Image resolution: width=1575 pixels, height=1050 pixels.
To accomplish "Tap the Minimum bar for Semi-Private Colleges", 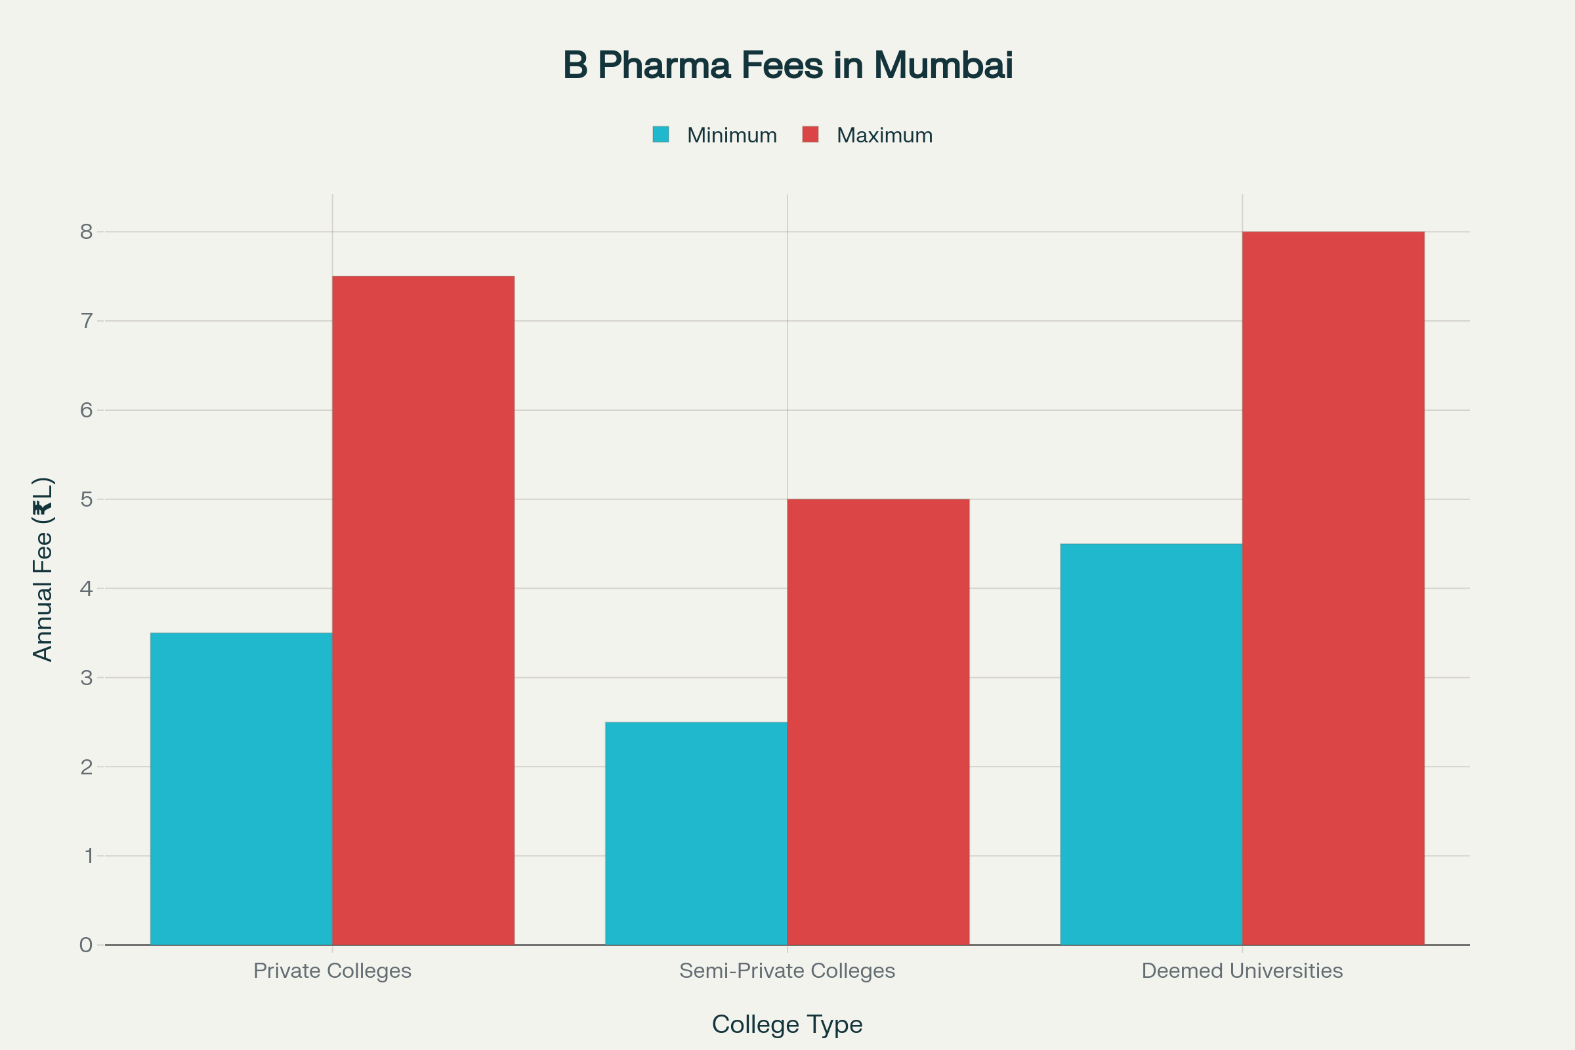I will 696,833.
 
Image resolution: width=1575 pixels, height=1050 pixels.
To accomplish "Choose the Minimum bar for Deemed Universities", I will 1151,744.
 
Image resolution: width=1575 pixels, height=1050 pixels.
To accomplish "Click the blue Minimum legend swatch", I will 661,135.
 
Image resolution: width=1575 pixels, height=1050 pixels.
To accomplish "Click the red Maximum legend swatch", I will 810,135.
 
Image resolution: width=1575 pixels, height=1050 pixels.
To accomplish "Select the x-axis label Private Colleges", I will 332,971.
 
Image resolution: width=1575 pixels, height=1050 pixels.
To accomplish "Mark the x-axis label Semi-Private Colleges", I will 787,971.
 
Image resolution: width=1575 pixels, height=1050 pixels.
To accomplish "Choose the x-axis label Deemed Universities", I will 1242,971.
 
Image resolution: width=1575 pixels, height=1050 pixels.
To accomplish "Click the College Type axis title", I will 787,1024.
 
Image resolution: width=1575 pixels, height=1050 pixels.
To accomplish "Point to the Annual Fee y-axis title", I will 43,569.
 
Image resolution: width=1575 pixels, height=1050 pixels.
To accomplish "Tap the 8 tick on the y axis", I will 86,232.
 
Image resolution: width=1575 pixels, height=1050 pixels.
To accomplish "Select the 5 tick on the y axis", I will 86,499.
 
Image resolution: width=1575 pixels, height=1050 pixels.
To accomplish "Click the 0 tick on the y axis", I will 86,945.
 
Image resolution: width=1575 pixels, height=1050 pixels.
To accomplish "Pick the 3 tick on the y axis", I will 86,678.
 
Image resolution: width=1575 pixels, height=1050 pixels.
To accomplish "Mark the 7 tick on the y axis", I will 86,321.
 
